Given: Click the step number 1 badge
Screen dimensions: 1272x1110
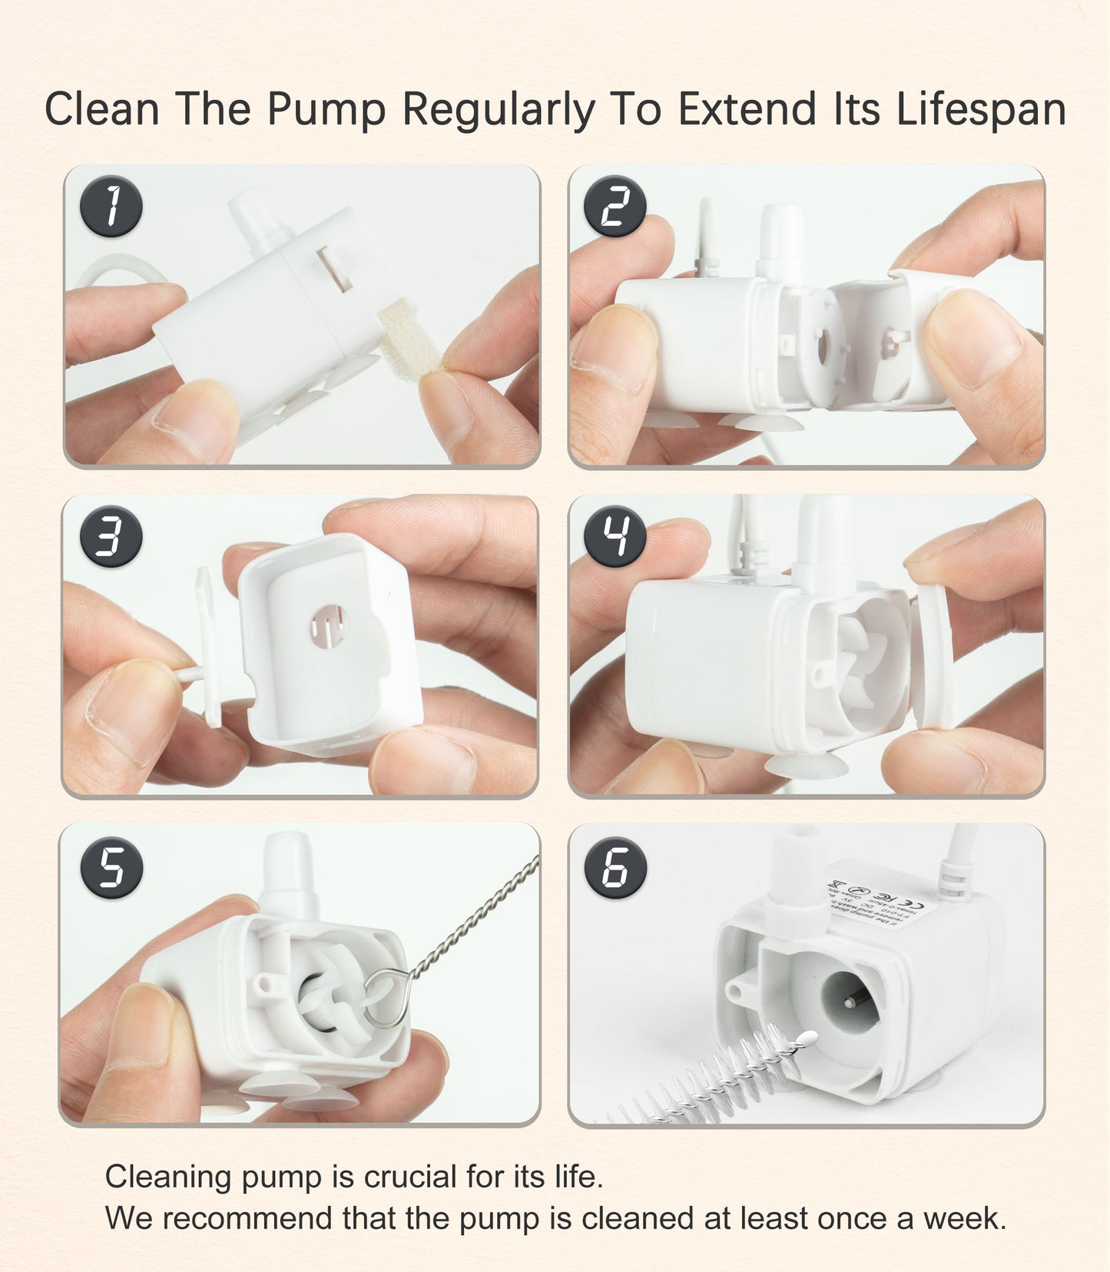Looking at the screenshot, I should pyautogui.click(x=111, y=207).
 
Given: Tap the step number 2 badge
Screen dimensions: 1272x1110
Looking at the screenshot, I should pyautogui.click(x=615, y=207).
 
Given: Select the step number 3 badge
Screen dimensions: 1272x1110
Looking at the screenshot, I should pyautogui.click(x=111, y=536).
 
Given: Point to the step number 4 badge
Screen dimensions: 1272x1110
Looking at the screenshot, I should pyautogui.click(x=615, y=536).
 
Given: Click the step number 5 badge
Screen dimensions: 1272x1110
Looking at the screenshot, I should pyautogui.click(x=111, y=867).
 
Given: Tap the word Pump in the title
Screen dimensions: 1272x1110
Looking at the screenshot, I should pyautogui.click(x=326, y=109).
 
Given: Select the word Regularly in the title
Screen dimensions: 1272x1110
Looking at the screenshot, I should pyautogui.click(x=499, y=109).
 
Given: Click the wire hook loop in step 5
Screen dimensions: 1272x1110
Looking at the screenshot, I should pyautogui.click(x=379, y=998).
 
